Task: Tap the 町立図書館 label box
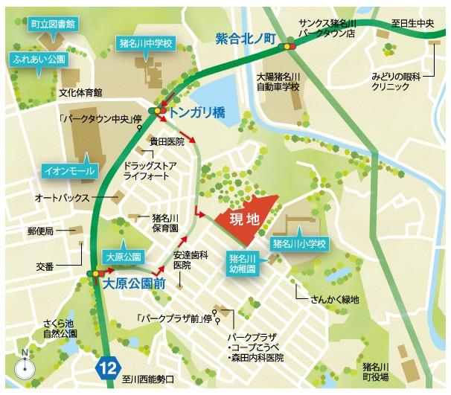[x=52, y=25]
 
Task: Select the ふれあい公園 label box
[x=36, y=58]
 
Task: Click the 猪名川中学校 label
[x=146, y=44]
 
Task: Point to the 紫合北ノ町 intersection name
[x=245, y=37]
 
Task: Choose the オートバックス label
[x=63, y=199]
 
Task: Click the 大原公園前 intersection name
[x=134, y=284]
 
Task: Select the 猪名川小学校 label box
[x=300, y=243]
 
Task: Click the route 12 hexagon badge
[x=108, y=366]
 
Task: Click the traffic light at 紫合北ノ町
[x=287, y=47]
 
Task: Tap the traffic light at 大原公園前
[x=96, y=274]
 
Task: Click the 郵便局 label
[x=42, y=231]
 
